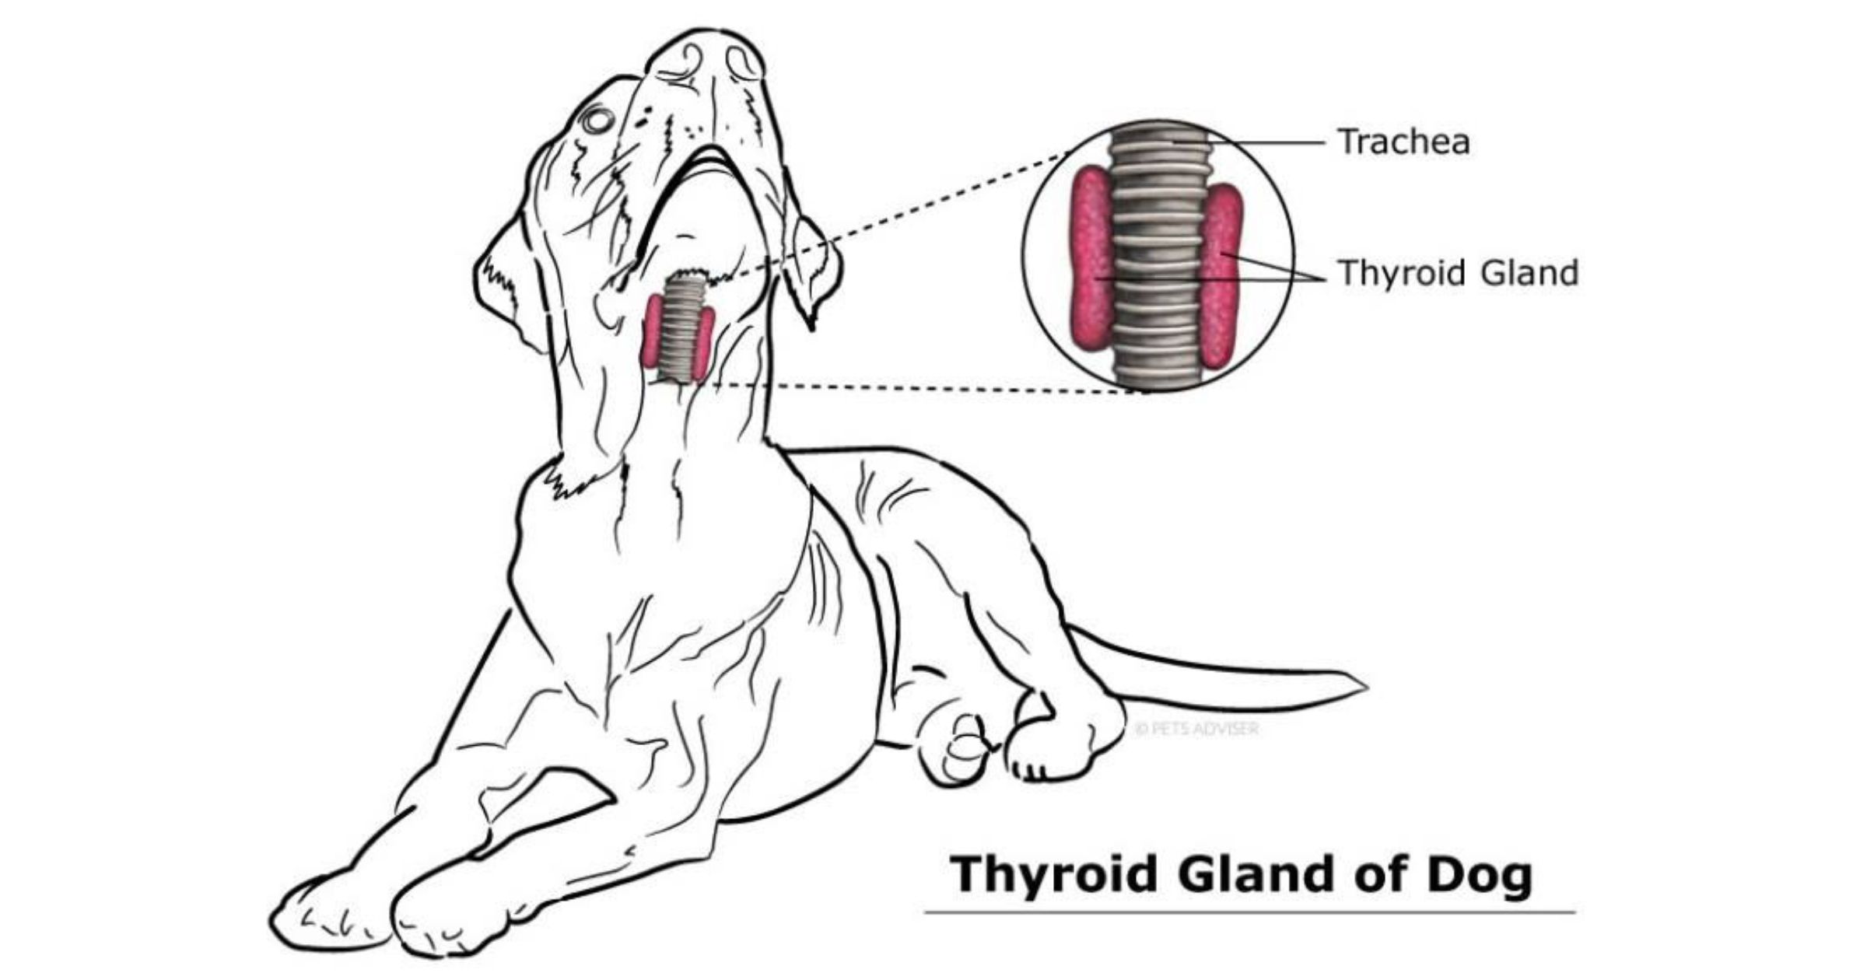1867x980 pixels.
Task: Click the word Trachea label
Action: tap(1403, 142)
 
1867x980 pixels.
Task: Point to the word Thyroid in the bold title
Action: tap(1054, 875)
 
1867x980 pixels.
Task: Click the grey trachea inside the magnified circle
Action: tap(1157, 257)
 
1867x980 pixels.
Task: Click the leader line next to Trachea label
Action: tap(1268, 143)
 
